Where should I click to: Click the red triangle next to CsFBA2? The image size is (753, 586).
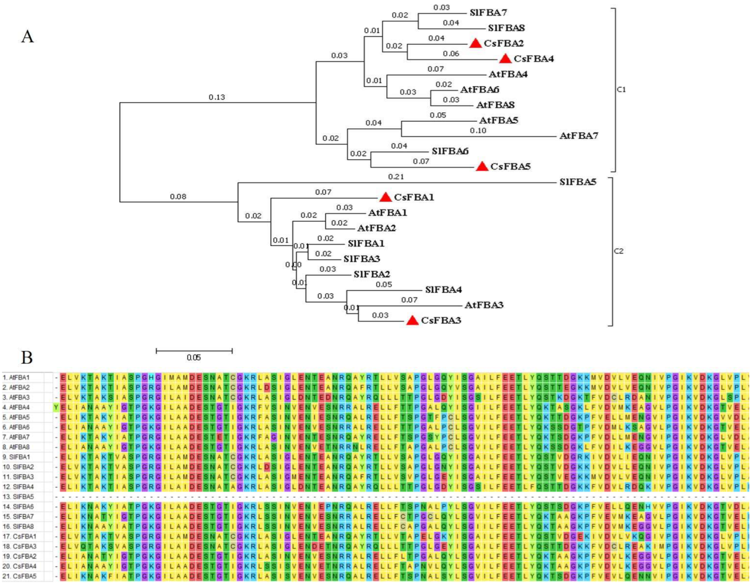click(476, 43)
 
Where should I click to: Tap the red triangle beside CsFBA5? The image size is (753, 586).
click(482, 167)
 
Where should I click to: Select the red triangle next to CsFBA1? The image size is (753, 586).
click(386, 197)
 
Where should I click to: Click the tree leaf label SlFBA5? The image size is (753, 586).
click(578, 182)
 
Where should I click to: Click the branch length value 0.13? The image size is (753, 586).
click(217, 97)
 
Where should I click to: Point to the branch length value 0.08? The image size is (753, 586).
click(178, 197)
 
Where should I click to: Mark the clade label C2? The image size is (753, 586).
click(619, 251)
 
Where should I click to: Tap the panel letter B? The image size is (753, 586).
click(27, 358)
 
